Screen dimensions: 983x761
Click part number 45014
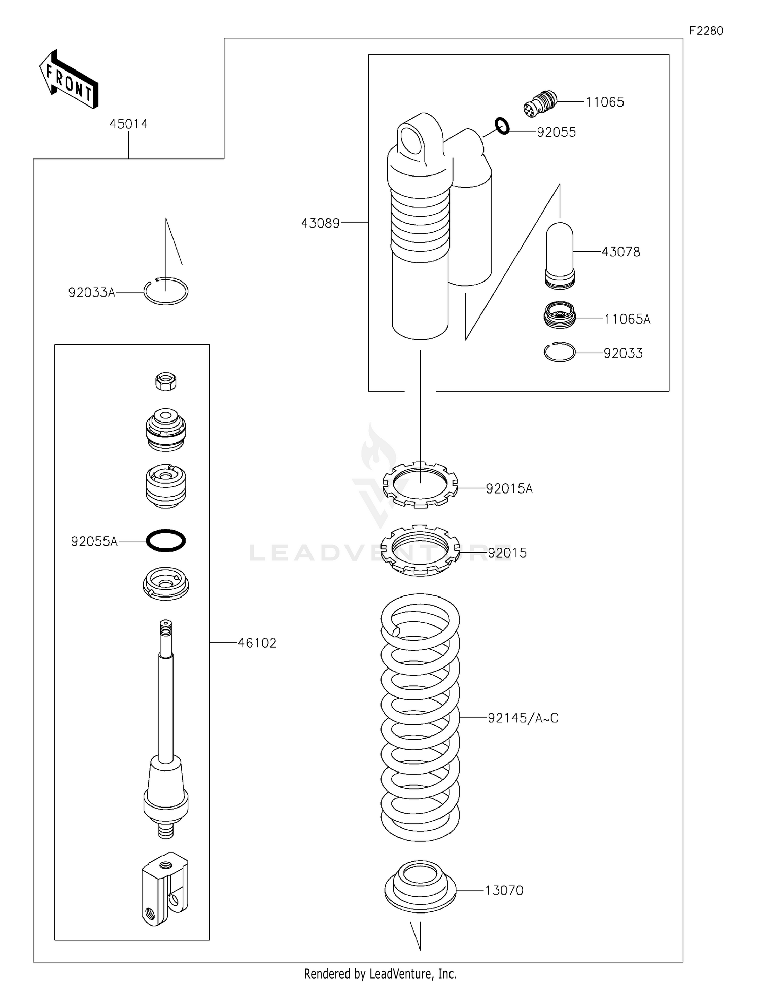(128, 124)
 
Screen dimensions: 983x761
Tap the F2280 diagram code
(706, 31)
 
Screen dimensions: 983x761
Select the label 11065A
(627, 319)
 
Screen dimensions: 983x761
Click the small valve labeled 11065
(540, 103)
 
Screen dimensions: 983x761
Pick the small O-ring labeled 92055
(502, 126)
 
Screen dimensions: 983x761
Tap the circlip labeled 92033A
(166, 292)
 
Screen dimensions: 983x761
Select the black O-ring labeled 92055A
(166, 540)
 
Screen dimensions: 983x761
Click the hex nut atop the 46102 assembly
(166, 381)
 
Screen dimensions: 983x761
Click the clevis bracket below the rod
(164, 890)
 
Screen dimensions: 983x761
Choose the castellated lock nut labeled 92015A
(420, 484)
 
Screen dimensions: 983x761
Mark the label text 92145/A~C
(523, 718)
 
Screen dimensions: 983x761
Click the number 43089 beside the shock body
(320, 223)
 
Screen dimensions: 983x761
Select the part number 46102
(257, 643)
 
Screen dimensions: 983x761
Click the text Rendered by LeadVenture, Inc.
(380, 973)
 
